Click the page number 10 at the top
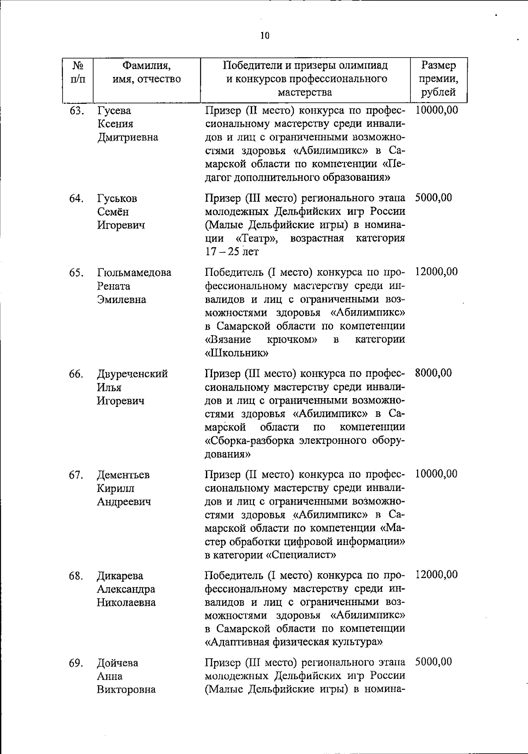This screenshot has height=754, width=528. [264, 36]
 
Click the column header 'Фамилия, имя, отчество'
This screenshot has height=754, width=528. [147, 73]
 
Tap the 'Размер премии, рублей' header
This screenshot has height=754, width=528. [438, 79]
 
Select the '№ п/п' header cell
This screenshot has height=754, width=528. [77, 73]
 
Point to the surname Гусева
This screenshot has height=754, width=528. [114, 110]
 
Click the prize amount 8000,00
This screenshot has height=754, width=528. [433, 373]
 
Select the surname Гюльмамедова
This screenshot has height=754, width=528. [134, 273]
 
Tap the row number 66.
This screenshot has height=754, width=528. [76, 374]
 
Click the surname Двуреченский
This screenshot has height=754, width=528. [132, 374]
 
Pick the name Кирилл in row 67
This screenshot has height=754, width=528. [116, 488]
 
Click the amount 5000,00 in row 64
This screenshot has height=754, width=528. [433, 198]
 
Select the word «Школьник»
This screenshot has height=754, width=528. [237, 353]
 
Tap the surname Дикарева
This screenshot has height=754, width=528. [120, 576]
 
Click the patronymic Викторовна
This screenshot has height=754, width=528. [126, 689]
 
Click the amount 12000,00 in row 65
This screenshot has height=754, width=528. [436, 272]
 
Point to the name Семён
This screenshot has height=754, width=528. [113, 212]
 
